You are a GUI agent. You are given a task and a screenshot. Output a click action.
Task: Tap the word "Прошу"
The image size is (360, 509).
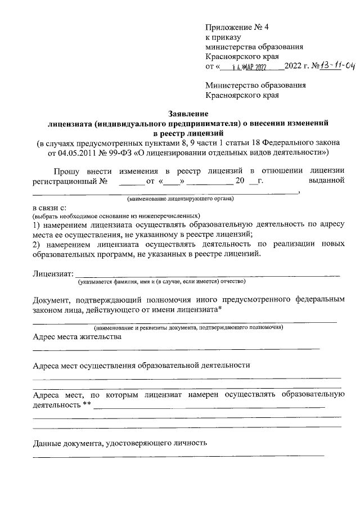point(66,171)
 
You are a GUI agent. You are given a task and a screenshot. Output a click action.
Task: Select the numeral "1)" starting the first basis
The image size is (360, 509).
point(36,224)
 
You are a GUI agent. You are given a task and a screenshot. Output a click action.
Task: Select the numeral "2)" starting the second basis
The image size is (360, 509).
point(36,244)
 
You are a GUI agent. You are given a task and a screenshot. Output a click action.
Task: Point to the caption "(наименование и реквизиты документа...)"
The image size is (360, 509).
point(188,327)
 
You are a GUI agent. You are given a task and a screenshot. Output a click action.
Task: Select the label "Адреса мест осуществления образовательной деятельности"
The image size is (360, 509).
point(141,365)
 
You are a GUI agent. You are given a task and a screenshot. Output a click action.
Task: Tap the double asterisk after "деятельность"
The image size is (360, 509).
point(87,404)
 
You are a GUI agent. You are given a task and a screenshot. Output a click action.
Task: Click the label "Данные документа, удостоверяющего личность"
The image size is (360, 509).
point(120,443)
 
